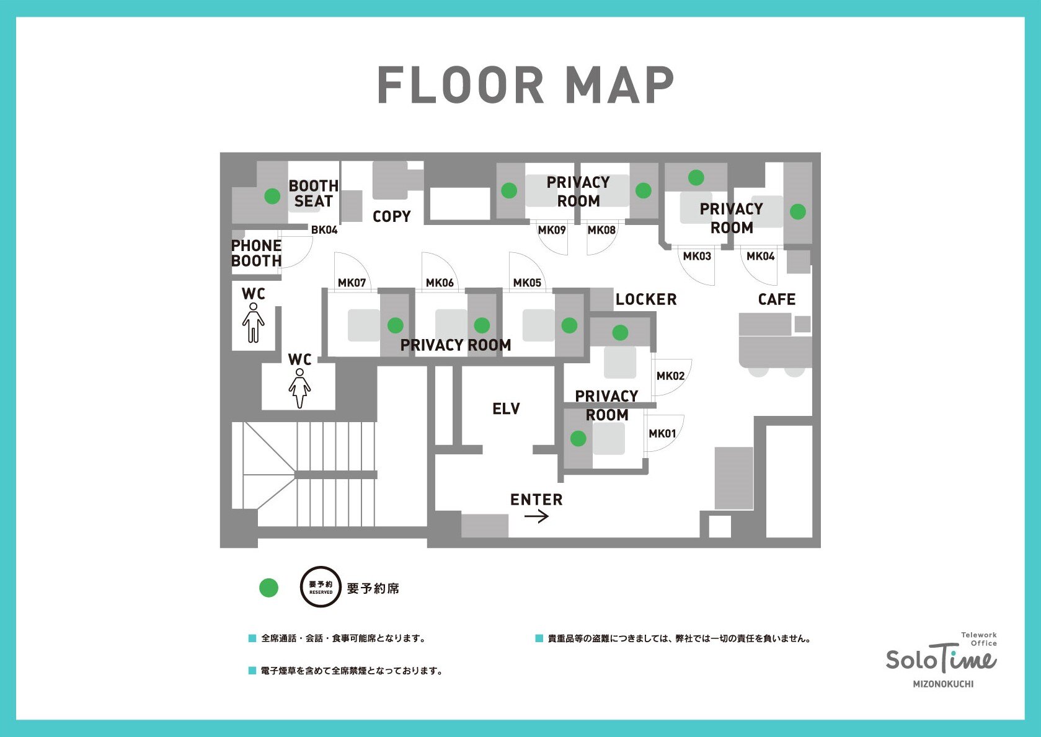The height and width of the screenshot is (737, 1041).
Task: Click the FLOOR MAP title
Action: click(x=525, y=85)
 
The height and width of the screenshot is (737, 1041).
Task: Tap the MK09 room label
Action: click(x=552, y=230)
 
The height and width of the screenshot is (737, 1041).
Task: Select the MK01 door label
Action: click(x=662, y=433)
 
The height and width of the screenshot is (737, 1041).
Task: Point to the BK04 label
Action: click(x=324, y=229)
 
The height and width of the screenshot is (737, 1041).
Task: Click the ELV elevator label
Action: click(x=506, y=408)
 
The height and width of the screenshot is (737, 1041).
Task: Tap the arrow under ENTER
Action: click(x=536, y=516)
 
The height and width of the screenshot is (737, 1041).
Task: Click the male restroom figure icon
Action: click(x=254, y=323)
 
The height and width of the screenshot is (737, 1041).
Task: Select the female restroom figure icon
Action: click(x=299, y=389)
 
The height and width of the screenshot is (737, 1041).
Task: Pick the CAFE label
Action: click(x=777, y=299)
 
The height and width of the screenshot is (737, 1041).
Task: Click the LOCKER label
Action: click(x=646, y=299)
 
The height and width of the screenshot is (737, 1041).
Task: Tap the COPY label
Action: click(x=391, y=216)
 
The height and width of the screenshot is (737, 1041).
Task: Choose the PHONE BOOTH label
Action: click(x=256, y=254)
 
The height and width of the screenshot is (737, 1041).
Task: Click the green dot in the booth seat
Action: click(x=272, y=196)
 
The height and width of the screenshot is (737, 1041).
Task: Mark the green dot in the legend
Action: click(x=268, y=588)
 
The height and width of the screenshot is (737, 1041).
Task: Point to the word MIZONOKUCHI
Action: click(x=943, y=684)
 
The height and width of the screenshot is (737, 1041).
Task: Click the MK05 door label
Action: click(x=527, y=283)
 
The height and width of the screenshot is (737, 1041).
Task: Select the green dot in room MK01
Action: click(x=578, y=438)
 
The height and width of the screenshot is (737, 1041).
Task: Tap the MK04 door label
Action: click(x=760, y=256)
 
